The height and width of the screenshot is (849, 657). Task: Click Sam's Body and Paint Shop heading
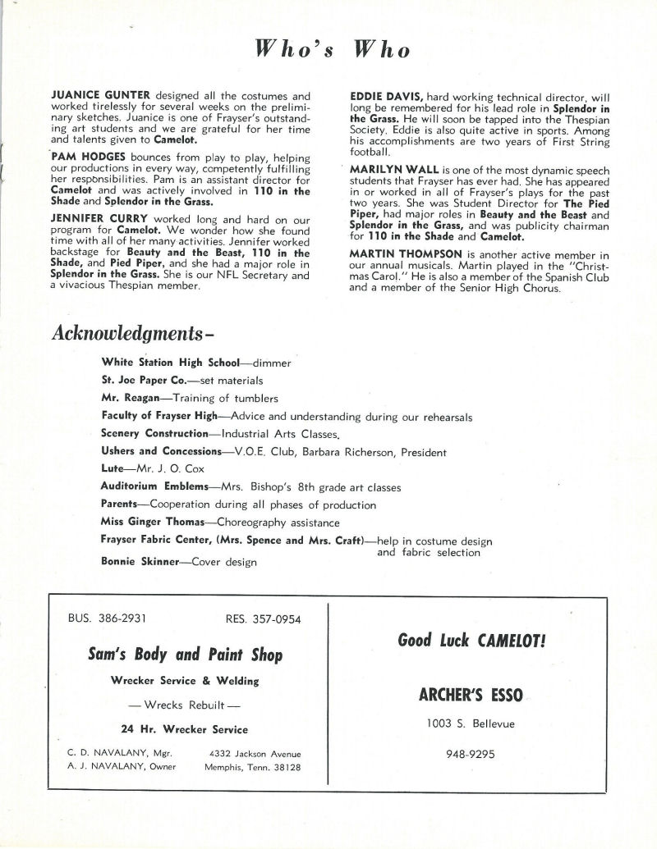[x=185, y=655]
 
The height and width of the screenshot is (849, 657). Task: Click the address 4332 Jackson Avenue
[x=255, y=753]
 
